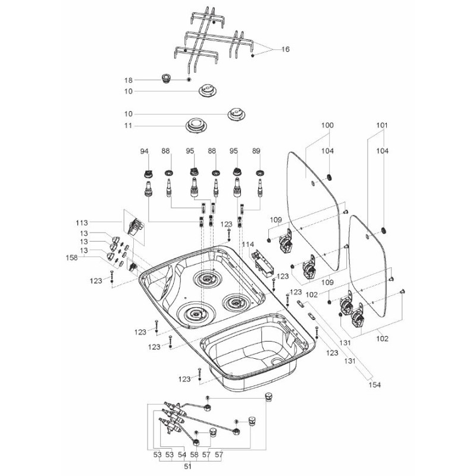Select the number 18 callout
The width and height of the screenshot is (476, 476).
(127, 80)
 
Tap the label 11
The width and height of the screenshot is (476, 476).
(127, 126)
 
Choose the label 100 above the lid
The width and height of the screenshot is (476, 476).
(327, 126)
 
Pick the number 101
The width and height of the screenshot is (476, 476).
(382, 126)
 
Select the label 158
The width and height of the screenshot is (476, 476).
(72, 258)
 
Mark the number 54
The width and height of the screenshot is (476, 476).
(182, 455)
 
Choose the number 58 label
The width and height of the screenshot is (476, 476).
(194, 455)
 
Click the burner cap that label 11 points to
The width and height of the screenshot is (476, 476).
(196, 126)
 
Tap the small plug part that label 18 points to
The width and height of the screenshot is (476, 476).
(166, 78)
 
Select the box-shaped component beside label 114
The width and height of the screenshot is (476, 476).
(262, 261)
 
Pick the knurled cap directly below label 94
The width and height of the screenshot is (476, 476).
(146, 174)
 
